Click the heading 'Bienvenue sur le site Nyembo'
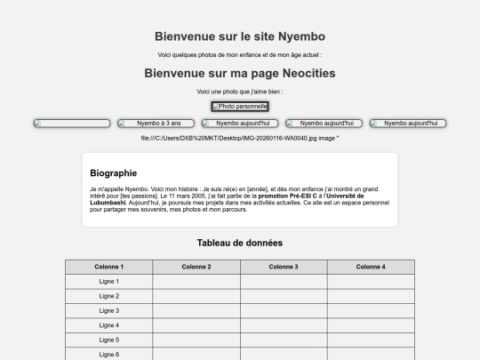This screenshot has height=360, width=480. pos(240,36)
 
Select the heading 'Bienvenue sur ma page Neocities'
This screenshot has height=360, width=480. pos(240,74)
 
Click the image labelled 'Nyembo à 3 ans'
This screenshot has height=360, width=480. pos(156,124)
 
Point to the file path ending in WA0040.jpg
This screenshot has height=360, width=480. pos(240,138)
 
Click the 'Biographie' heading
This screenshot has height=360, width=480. pos(114,173)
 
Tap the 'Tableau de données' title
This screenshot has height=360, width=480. pos(240,243)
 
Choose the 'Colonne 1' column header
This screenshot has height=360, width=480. pos(108,267)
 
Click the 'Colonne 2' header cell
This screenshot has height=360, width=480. pos(196,267)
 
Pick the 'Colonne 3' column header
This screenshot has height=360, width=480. pos(284,267)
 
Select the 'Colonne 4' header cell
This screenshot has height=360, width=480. pos(371,267)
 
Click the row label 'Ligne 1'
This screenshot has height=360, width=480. pos(108,282)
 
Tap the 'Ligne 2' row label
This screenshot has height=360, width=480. pos(108,296)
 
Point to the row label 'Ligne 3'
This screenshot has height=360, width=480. pos(108,311)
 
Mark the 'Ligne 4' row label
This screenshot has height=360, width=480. pos(108,325)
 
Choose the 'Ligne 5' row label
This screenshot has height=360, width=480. pos(108,340)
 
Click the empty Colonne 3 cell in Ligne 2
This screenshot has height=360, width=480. pos(284,296)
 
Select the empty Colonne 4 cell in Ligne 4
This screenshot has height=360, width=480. pos(371,325)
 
